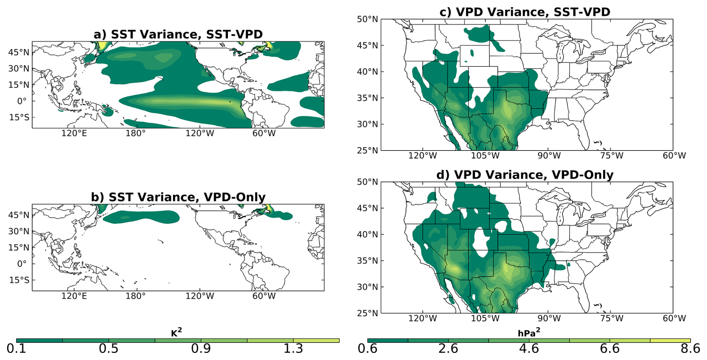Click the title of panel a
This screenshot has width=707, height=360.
point(178,34)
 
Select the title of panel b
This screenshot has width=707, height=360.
point(178,197)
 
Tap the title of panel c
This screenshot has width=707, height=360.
point(525,12)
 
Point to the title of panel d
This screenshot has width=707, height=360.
point(525,175)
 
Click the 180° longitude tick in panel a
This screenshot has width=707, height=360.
point(136,133)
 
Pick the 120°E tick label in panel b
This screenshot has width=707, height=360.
point(74,296)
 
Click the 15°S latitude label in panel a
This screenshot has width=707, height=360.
point(19,117)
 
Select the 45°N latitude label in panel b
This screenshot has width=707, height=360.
point(19,215)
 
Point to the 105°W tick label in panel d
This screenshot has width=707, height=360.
point(485,319)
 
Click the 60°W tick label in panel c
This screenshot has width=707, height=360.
point(674,156)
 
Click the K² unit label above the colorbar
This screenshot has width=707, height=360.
point(177,332)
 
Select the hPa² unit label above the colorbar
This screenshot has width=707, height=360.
point(529,332)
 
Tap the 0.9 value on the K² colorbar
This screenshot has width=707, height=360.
point(201,349)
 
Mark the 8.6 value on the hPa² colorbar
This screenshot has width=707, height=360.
point(690,349)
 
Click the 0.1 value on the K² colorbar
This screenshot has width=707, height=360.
point(16,349)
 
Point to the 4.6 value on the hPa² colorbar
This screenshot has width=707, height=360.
point(529,349)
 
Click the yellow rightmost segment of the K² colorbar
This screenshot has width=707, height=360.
point(316,341)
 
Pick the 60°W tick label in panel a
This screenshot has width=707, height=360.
point(264,133)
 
